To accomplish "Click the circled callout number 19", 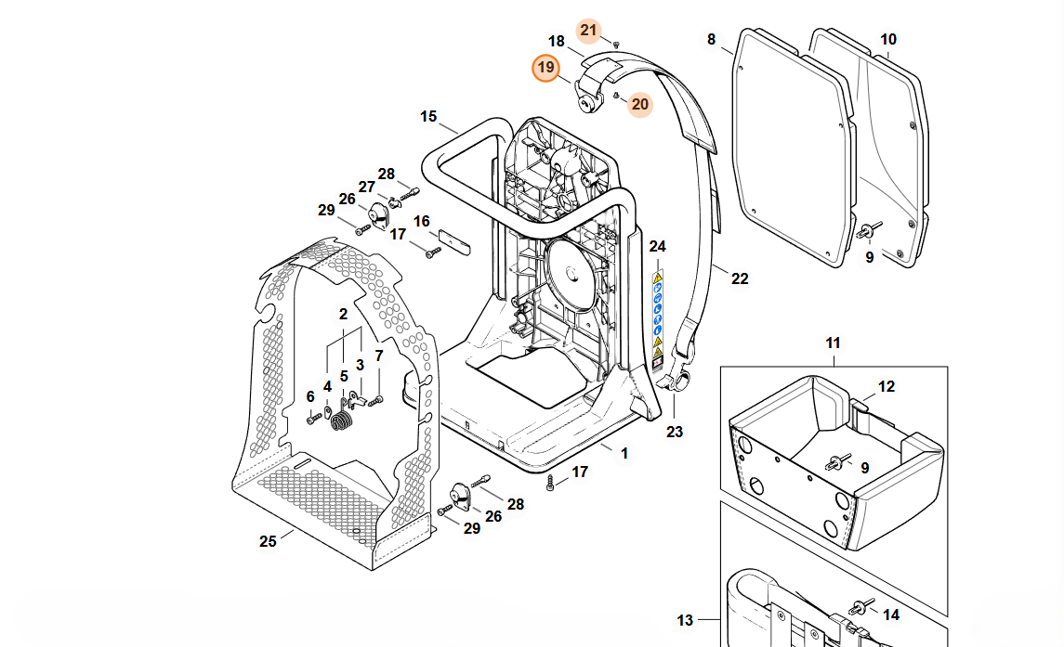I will point(545,68).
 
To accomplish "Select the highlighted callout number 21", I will point(588,30).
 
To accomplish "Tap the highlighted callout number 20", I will point(639,104).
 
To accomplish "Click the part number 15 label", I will point(427,117).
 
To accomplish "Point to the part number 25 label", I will point(268,542).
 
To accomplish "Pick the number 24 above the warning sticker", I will point(658,246).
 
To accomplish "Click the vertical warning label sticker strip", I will point(658,315).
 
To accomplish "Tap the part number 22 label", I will point(740,278).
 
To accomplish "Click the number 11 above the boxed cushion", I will point(832,343).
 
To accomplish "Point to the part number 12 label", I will point(887,386).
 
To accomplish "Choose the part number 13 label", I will point(685,620).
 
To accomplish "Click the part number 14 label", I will point(890,615).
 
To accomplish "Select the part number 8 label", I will point(712,40).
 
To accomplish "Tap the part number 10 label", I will point(888,40).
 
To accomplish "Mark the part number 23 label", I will point(675,431).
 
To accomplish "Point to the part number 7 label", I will point(378,356).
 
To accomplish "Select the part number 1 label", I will point(624,453).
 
